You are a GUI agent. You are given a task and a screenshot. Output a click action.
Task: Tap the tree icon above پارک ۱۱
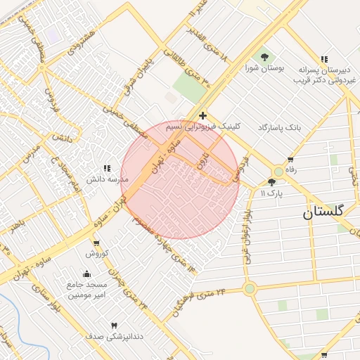(x=272, y=182)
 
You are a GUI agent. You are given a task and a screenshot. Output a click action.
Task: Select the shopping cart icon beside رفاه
(x=290, y=159)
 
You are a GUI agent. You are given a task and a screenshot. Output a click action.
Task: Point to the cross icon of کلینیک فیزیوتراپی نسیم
(x=202, y=115)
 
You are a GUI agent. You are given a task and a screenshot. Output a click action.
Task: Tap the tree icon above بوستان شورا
(x=264, y=57)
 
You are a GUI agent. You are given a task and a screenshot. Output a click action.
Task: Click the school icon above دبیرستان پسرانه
(x=323, y=60)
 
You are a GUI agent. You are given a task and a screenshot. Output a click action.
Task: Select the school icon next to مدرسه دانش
(x=107, y=168)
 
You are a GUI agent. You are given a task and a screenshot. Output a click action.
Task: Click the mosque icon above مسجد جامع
(x=86, y=274)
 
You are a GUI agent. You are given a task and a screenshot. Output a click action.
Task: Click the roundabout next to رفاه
(x=279, y=171)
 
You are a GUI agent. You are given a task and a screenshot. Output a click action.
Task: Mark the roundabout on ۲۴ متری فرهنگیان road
(x=249, y=288)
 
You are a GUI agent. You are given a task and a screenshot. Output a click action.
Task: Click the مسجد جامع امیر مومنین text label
(x=86, y=290)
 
